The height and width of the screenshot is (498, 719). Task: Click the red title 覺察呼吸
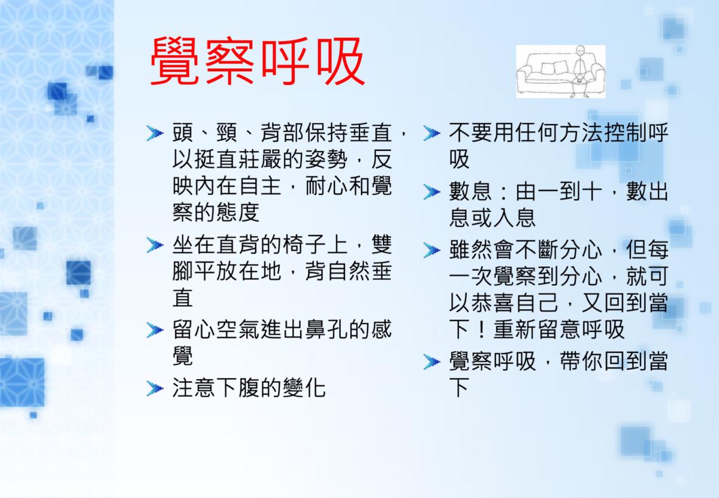click(x=257, y=61)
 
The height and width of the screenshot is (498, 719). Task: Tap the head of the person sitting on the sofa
click(x=581, y=50)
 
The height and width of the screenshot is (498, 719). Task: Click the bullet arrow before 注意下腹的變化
click(x=155, y=388)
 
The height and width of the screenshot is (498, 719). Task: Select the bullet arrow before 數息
click(x=432, y=192)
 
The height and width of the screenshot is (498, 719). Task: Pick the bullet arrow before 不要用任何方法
click(x=432, y=133)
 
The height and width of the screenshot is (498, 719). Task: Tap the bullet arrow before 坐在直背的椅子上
click(x=155, y=245)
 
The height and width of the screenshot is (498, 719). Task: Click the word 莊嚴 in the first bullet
click(x=260, y=159)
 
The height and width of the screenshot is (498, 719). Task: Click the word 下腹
click(x=238, y=388)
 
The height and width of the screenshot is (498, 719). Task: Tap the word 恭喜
click(x=493, y=303)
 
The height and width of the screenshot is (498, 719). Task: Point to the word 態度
click(x=238, y=213)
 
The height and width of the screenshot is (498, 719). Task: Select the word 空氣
click(x=238, y=330)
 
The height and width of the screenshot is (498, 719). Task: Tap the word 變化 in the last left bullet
click(x=304, y=388)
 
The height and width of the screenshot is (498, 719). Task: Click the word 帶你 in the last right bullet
click(x=581, y=361)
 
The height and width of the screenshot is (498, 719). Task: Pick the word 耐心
click(x=327, y=186)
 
